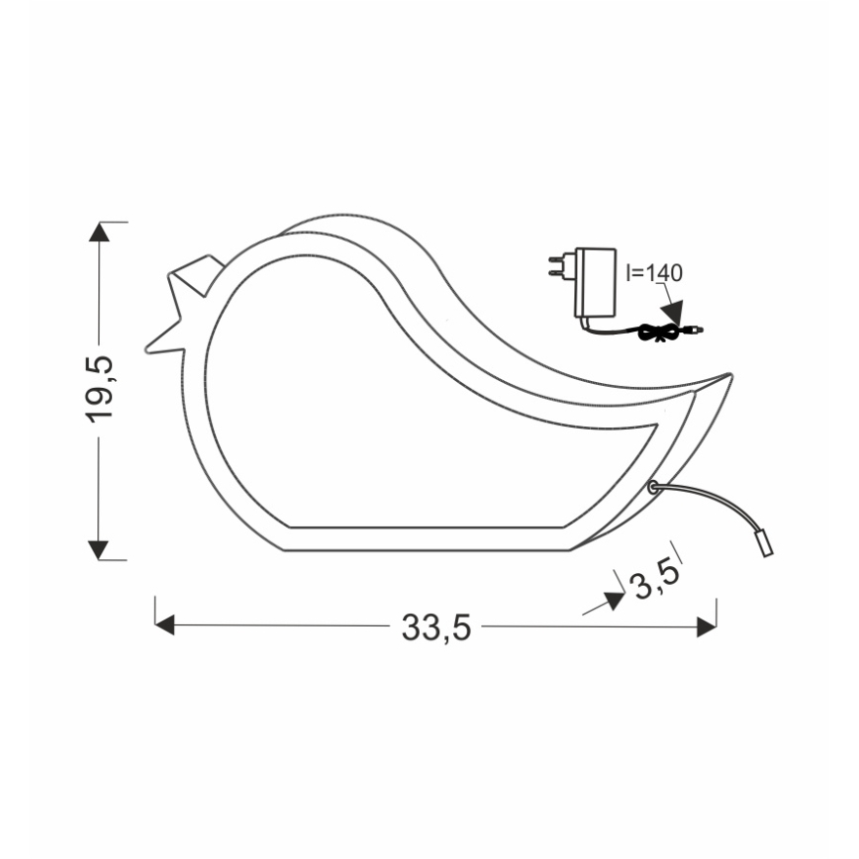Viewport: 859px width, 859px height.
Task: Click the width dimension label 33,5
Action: click(x=435, y=627)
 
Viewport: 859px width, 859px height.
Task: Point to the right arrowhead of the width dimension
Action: click(x=707, y=626)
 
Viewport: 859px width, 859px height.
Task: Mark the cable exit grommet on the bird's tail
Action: click(x=654, y=486)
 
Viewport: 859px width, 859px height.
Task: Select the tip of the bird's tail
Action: click(x=730, y=377)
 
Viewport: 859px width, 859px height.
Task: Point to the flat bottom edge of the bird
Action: click(x=426, y=549)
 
